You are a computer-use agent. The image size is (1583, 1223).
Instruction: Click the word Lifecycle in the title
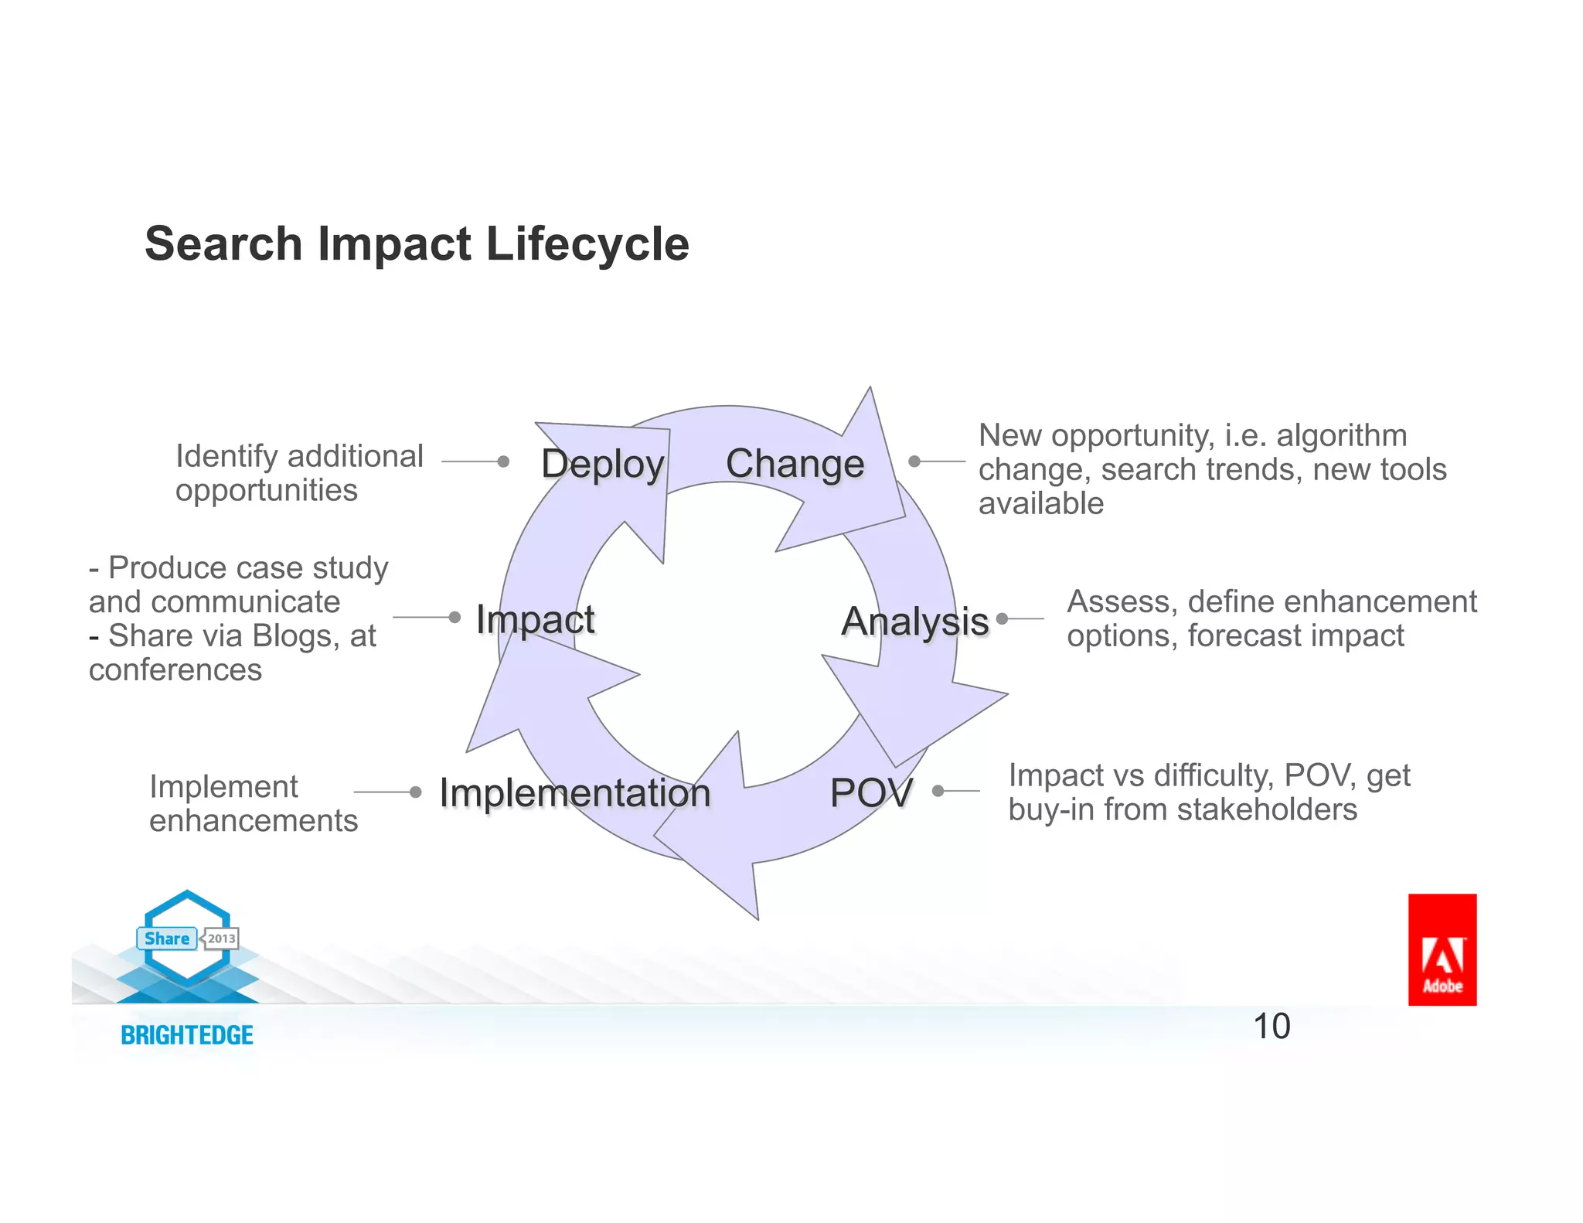click(x=587, y=244)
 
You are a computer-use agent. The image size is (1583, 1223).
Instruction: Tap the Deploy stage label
click(x=603, y=465)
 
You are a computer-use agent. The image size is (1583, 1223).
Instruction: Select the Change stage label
click(x=795, y=464)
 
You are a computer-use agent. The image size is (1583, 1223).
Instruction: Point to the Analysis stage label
click(x=915, y=622)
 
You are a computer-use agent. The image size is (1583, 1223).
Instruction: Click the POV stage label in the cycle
click(x=871, y=792)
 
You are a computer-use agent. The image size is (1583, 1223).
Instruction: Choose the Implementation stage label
click(x=575, y=793)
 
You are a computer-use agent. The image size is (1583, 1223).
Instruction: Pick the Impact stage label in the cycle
click(x=535, y=619)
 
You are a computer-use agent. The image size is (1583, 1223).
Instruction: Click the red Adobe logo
click(x=1442, y=949)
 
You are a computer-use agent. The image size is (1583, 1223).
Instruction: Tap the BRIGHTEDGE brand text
click(x=187, y=1035)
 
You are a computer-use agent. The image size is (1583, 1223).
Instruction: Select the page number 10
click(x=1272, y=1027)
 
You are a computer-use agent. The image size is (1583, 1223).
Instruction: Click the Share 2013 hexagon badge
click(x=188, y=939)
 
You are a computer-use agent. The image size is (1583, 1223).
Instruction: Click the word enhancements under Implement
click(x=254, y=821)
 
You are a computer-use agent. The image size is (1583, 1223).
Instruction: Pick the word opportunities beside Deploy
click(x=267, y=490)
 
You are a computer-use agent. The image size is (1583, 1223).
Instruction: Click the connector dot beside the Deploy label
click(x=503, y=462)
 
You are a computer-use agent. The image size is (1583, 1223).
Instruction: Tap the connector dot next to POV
click(x=938, y=791)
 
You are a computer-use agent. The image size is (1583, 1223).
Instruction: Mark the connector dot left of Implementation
click(x=416, y=792)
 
